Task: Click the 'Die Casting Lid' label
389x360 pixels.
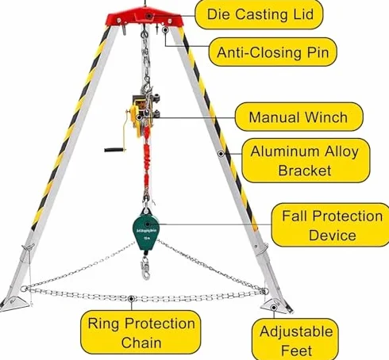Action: tap(259, 14)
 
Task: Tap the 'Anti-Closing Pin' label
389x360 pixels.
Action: tap(273, 52)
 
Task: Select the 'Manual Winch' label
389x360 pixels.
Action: tap(298, 117)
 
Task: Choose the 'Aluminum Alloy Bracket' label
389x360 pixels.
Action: tap(306, 161)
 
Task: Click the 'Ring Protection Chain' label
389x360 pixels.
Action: tap(141, 332)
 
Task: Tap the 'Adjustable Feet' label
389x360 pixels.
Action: tap(295, 340)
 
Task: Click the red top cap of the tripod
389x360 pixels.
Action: tap(144, 17)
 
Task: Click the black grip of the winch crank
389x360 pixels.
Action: tap(114, 150)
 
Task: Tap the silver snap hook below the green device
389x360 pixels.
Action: tap(145, 267)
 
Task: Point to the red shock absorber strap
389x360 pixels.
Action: tap(147, 165)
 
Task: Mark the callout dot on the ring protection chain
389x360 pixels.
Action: tap(131, 299)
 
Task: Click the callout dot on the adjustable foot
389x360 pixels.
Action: tap(274, 308)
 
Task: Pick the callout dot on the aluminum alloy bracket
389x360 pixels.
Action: tap(221, 154)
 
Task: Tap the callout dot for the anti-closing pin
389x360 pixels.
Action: tap(165, 30)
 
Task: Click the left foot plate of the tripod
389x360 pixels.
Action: tap(15, 303)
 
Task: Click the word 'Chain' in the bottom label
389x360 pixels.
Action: tap(141, 343)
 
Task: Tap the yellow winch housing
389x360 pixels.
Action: tap(136, 121)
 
